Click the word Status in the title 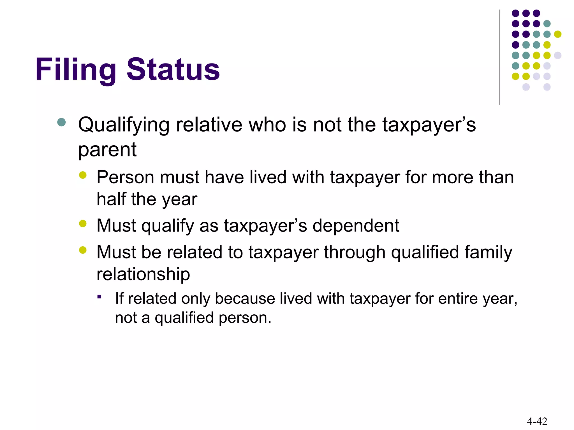pyautogui.click(x=173, y=69)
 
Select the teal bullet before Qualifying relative pyautogui.click(x=61, y=122)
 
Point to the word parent pyautogui.click(x=107, y=150)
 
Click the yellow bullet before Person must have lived pyautogui.click(x=83, y=175)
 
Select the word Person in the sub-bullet pyautogui.click(x=125, y=177)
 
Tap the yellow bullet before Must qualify pyautogui.click(x=83, y=223)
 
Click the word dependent pyautogui.click(x=355, y=226)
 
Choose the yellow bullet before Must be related pyautogui.click(x=83, y=250)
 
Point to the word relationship pyautogui.click(x=143, y=274)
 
